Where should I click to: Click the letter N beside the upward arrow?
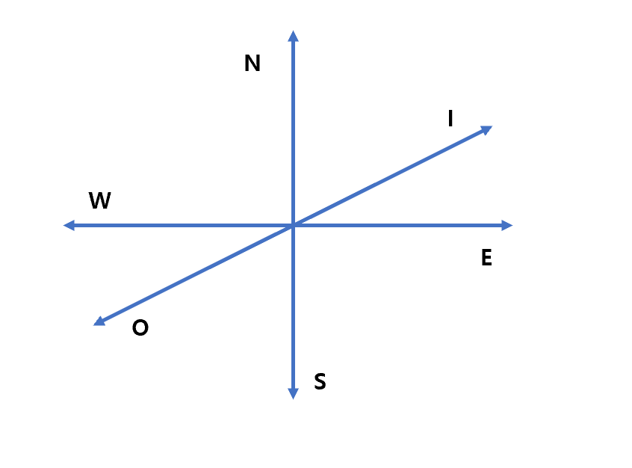253,64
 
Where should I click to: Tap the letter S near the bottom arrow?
320,382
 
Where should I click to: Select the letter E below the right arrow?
486,258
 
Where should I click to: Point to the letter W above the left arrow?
99,200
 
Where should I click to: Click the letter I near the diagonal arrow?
450,118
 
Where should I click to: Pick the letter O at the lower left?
140,328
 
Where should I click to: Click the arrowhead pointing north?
293,36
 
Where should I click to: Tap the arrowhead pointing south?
293,393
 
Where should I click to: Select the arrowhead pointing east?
507,225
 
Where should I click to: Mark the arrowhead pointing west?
69,225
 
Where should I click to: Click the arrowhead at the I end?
486,130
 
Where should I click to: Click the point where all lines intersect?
293,225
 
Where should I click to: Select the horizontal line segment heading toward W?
179,225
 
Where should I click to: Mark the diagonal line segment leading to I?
388,178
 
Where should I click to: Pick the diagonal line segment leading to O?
194,274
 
